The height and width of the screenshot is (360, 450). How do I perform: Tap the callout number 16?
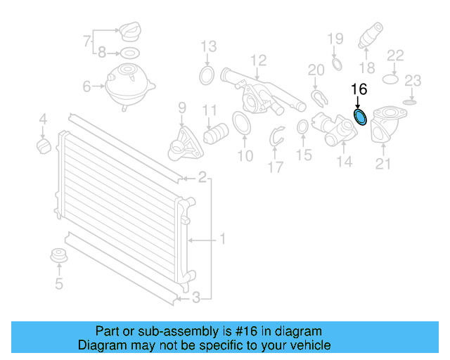[359, 90]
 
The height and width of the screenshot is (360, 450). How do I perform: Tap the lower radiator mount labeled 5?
[59, 257]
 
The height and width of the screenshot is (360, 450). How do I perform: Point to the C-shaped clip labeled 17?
[277, 137]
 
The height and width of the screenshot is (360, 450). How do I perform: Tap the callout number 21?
[382, 165]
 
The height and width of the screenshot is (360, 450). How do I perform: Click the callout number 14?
[344, 162]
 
